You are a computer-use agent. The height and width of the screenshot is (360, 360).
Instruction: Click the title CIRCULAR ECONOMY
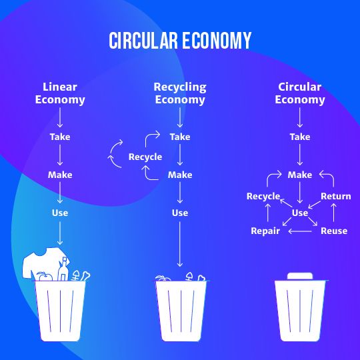(180, 41)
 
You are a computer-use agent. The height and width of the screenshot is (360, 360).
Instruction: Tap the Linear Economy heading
(60, 93)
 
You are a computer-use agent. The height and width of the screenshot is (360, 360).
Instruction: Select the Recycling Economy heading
(180, 93)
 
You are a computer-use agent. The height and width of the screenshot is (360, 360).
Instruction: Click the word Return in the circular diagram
(335, 196)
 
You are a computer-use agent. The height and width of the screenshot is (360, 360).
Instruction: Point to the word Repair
(265, 231)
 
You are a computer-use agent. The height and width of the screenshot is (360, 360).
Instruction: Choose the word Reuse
(334, 231)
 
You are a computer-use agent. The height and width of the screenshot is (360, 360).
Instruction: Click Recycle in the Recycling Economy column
(145, 157)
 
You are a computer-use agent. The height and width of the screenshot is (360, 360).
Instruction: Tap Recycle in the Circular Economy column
(263, 196)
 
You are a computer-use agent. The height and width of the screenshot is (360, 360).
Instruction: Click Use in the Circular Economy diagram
(300, 213)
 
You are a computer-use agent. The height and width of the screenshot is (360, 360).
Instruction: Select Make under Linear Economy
(60, 175)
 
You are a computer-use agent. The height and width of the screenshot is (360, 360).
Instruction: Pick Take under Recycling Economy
(180, 137)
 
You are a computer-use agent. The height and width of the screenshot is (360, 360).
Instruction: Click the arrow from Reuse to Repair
(300, 231)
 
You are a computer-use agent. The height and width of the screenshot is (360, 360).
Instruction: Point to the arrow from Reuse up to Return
(333, 213)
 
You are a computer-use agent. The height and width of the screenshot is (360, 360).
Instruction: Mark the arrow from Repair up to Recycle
(268, 213)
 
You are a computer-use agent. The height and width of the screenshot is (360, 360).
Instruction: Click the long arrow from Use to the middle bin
(180, 244)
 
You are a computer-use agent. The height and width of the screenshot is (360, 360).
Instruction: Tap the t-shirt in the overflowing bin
(43, 262)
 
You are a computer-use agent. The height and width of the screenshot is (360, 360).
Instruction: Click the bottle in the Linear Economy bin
(63, 269)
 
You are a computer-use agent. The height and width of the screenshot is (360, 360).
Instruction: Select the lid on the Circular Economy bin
(300, 276)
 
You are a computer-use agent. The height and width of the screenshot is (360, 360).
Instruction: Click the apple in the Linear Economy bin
(45, 277)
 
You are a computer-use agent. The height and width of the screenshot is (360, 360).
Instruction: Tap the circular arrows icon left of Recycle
(115, 154)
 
